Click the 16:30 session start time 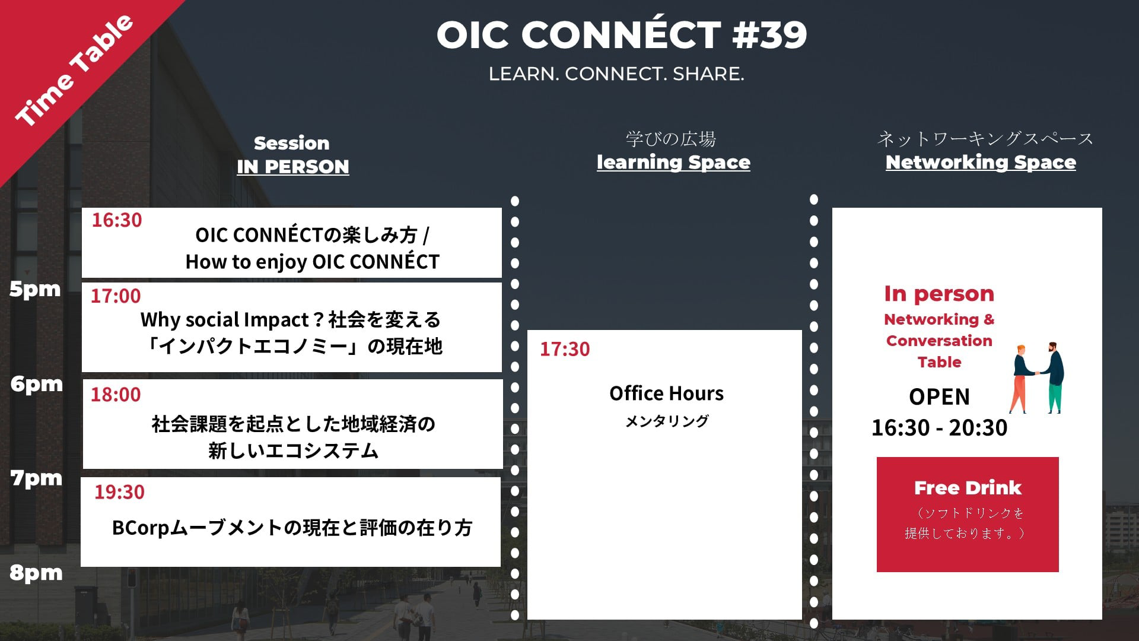click(117, 220)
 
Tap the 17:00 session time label click(116, 296)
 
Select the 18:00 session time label click(116, 394)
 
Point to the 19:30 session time click(119, 491)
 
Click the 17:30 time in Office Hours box click(565, 349)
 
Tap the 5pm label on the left click(35, 289)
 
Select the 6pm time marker click(36, 384)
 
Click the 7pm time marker click(36, 478)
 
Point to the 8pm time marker click(36, 573)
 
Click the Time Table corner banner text click(74, 70)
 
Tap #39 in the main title click(769, 34)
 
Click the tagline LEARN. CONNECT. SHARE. click(616, 74)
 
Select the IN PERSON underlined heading click(293, 167)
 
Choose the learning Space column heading click(673, 162)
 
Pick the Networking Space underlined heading click(981, 162)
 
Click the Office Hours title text click(666, 393)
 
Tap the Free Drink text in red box click(968, 488)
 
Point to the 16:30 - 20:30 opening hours click(939, 427)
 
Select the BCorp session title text click(292, 528)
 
